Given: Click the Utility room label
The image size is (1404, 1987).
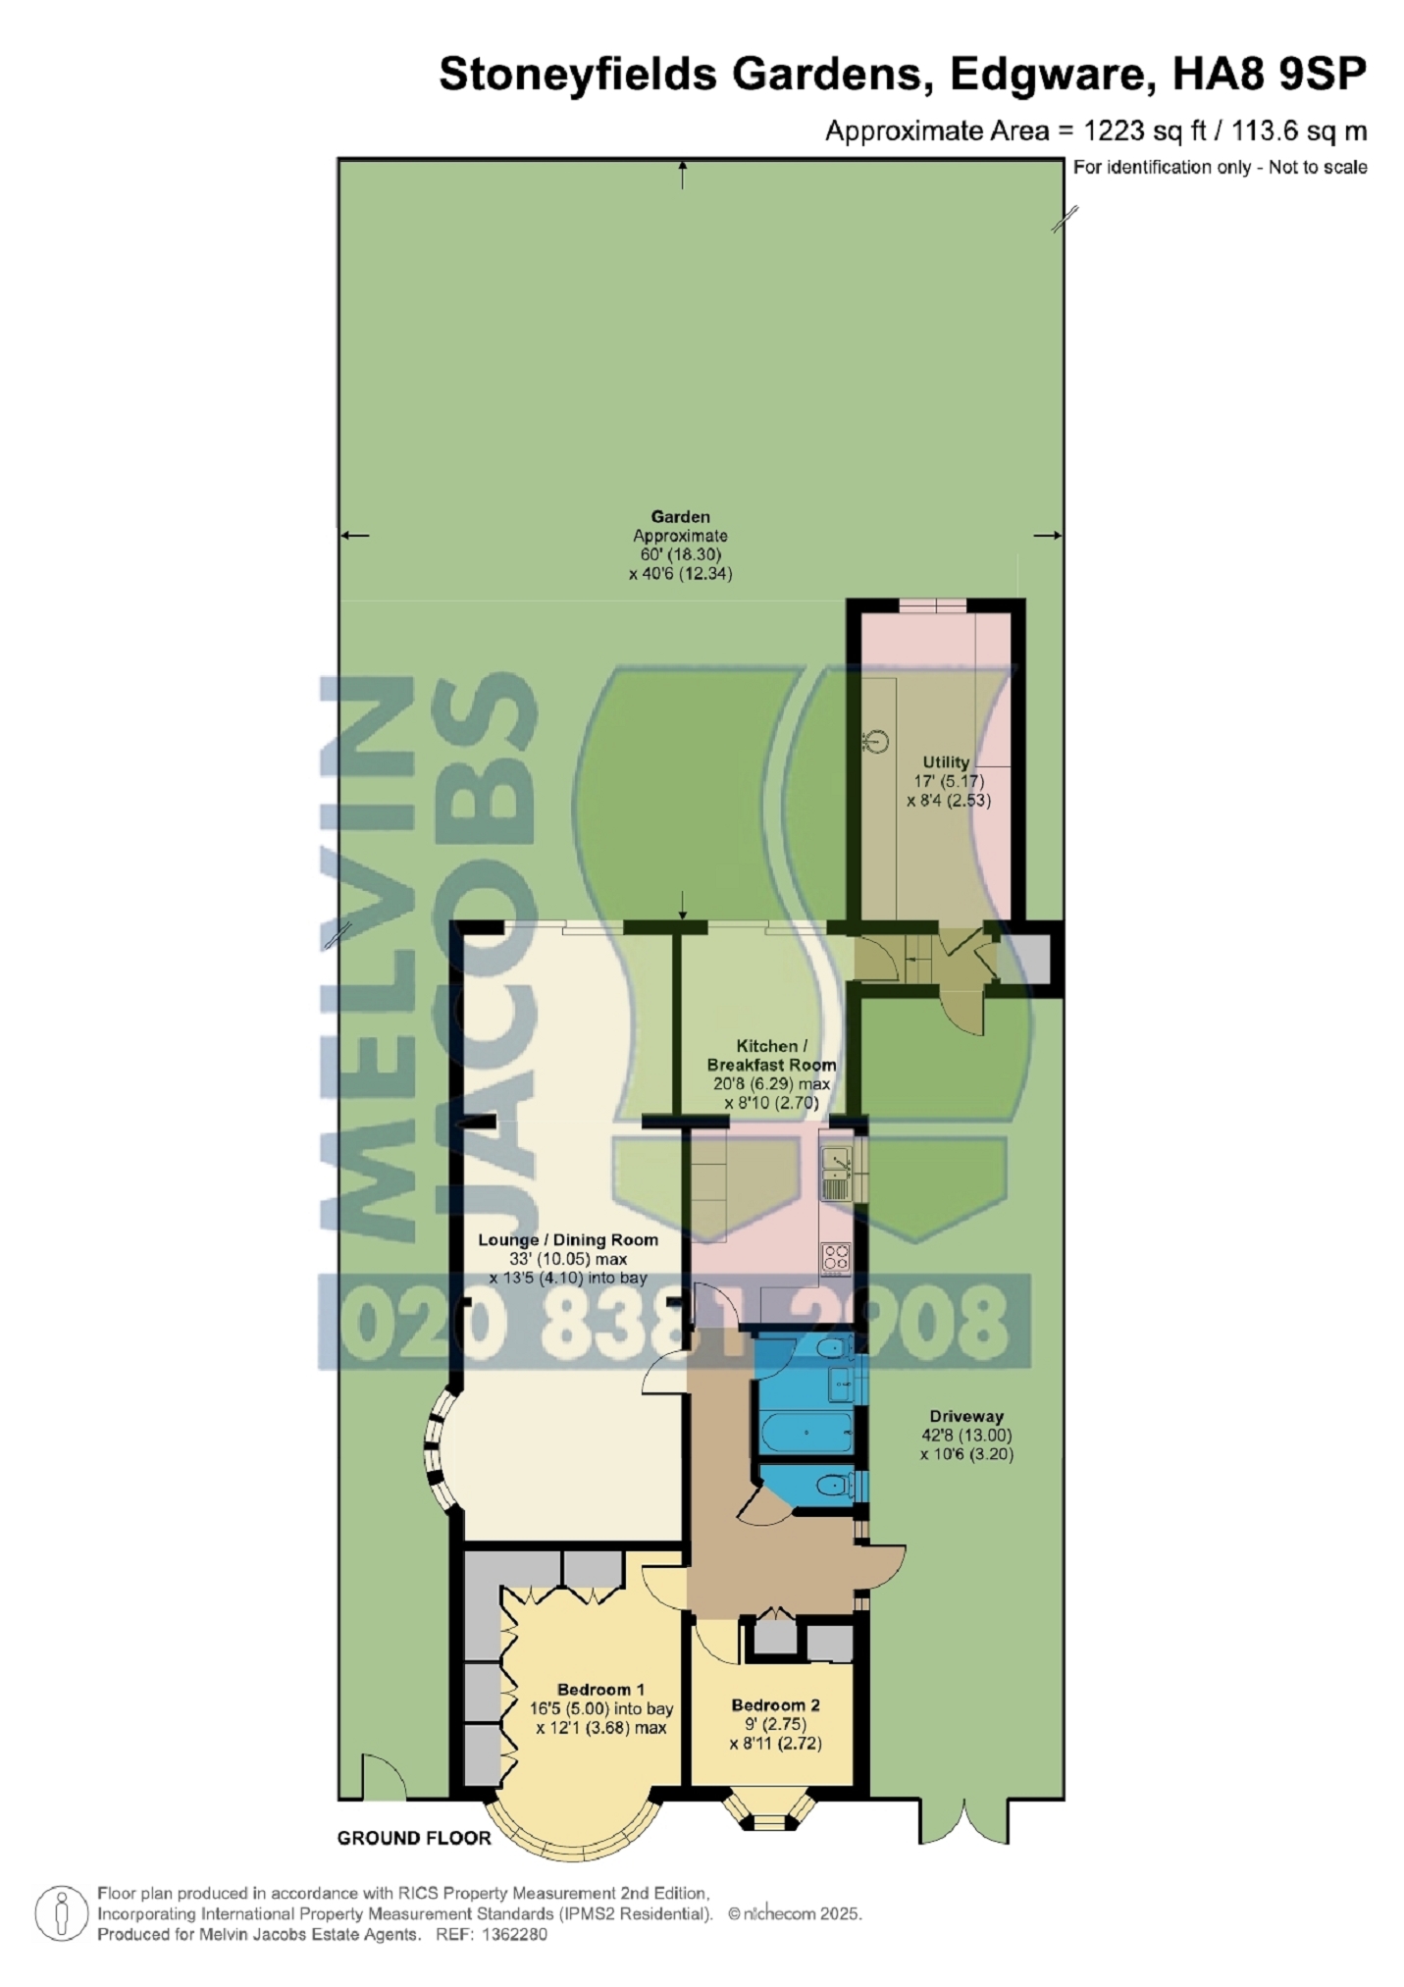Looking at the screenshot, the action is point(946,761).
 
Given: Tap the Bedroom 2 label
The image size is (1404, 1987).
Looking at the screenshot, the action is point(775,1705).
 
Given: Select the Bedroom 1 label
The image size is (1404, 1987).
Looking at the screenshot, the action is point(600,1690).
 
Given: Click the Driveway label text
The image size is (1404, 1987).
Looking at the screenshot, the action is point(966,1416).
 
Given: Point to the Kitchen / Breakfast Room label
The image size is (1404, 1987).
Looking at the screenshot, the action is point(771,1055).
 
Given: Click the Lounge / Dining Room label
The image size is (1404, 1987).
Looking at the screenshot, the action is point(568,1239).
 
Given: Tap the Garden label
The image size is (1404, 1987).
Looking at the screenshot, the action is point(680,516).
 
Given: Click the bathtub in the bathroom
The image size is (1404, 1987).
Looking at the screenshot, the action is point(807,1434).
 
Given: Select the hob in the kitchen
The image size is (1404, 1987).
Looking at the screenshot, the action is point(836,1257).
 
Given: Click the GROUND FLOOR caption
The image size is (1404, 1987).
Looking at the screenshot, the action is point(414,1838).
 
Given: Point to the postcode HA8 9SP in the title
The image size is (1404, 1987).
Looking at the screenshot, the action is point(1270,75).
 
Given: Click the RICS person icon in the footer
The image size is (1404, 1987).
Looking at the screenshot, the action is point(62,1913).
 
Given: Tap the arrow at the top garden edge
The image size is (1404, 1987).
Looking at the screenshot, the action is point(683,176).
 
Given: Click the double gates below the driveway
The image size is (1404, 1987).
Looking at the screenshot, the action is point(964,1821).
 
